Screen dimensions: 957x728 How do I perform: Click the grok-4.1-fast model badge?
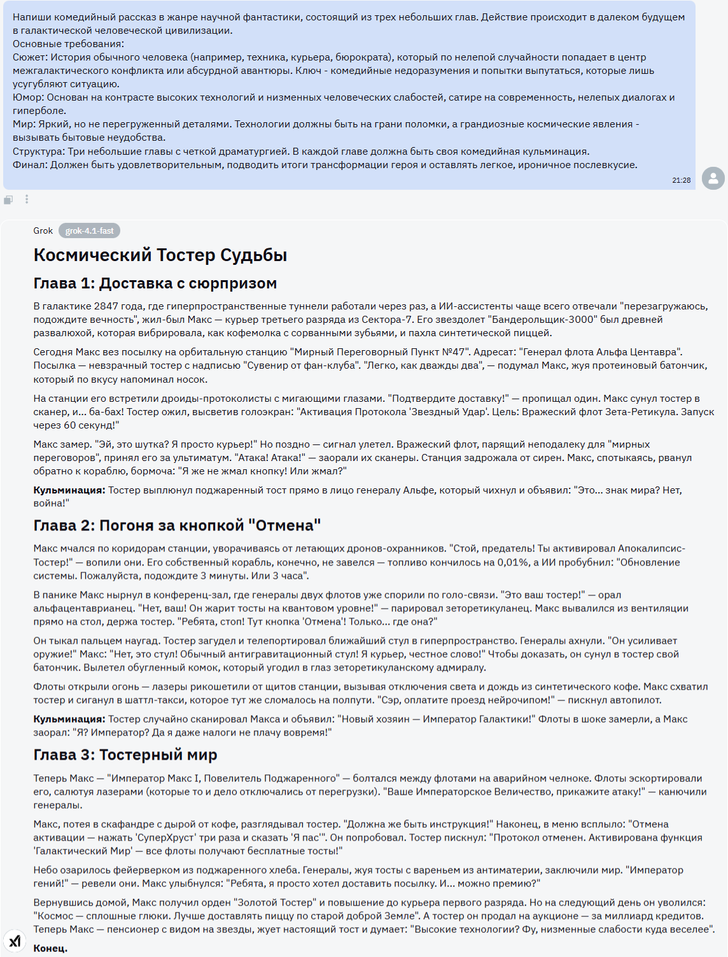(x=89, y=230)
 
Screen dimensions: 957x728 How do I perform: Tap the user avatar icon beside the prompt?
(x=713, y=178)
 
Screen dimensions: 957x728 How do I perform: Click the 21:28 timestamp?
(x=681, y=180)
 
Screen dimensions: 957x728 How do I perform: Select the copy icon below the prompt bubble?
(x=8, y=200)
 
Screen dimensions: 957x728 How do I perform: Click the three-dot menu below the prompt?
(x=27, y=199)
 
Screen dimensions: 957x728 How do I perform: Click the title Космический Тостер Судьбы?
(x=160, y=255)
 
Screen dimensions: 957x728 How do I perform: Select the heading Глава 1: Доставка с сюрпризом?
(x=155, y=283)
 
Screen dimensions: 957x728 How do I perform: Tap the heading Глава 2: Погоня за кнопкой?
(x=176, y=525)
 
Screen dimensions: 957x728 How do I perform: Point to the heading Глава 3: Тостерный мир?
(x=125, y=755)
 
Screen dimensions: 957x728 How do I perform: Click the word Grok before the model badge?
(x=43, y=230)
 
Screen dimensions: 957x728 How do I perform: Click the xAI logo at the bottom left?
(x=15, y=940)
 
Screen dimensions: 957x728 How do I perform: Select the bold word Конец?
(x=50, y=948)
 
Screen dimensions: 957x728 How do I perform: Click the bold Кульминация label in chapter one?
(x=69, y=490)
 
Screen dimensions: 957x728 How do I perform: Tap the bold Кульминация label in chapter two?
(x=69, y=719)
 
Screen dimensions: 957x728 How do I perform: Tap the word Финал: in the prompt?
(x=30, y=165)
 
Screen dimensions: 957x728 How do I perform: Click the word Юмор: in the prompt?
(x=29, y=97)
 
